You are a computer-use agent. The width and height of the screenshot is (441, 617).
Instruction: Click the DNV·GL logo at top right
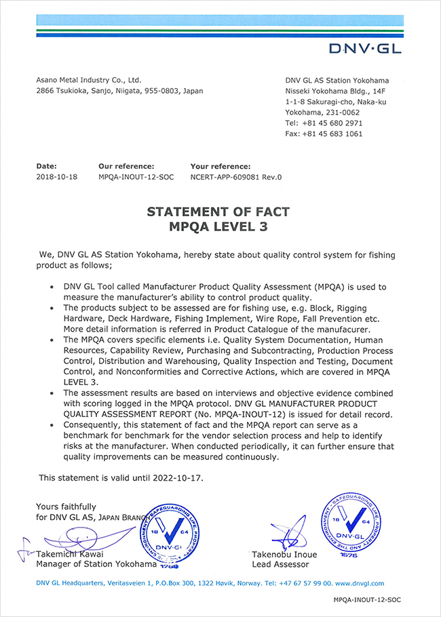point(364,47)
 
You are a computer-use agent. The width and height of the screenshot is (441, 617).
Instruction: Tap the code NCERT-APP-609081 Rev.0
point(235,177)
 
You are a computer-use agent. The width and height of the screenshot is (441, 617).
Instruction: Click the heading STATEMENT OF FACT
point(218,212)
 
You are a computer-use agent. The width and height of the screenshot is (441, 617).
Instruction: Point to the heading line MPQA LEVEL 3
point(218,227)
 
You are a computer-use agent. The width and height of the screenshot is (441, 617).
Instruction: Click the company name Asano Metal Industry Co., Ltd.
point(88,80)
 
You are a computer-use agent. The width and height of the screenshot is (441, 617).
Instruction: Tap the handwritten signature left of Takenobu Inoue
point(285,532)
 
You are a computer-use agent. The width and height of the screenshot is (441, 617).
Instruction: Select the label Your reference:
point(220,165)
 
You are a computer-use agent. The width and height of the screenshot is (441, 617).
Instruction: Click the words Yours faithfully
point(66,506)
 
